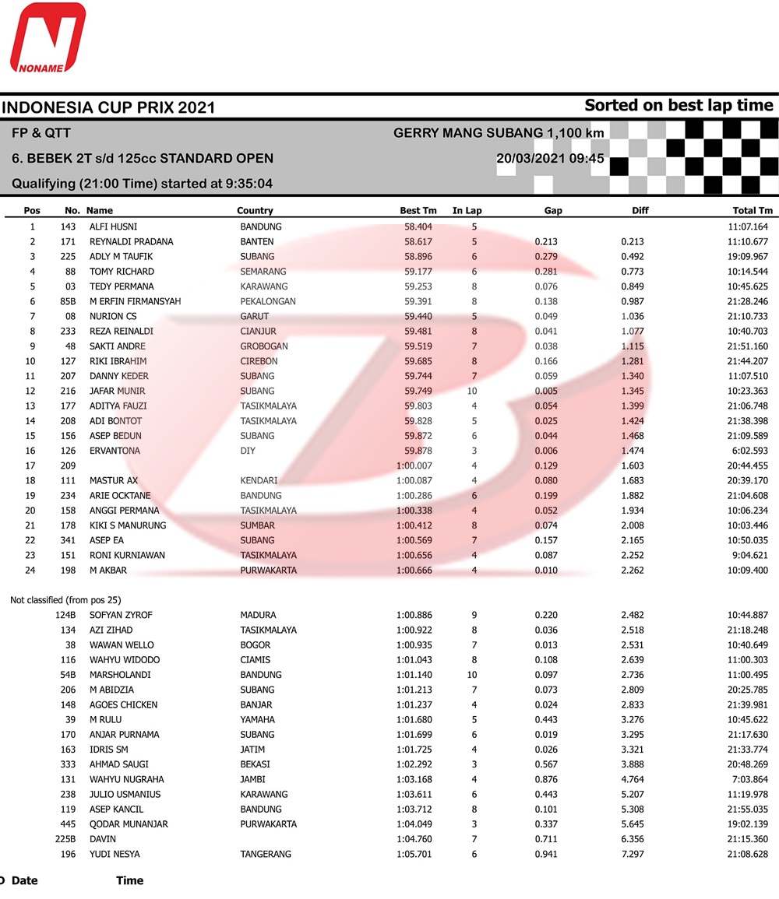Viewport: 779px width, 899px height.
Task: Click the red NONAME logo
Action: click(x=47, y=39)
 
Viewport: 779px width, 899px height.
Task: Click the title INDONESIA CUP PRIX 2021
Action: click(x=108, y=107)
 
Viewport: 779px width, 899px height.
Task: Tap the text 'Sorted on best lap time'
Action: click(x=679, y=105)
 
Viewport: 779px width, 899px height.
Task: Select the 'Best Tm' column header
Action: click(x=418, y=210)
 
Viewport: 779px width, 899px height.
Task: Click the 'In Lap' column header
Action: click(x=467, y=210)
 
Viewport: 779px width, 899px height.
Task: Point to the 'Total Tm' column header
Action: click(x=753, y=210)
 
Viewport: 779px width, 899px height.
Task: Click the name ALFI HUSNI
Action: click(x=114, y=227)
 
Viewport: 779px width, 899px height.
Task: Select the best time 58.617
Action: click(x=418, y=241)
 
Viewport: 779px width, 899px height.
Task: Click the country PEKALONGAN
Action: click(x=268, y=301)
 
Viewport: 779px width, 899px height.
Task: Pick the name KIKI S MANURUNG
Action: click(x=128, y=525)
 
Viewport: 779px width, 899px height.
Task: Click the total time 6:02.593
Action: click(x=749, y=451)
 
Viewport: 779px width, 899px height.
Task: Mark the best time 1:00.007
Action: click(x=416, y=465)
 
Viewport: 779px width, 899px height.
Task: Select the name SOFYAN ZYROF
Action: click(x=121, y=615)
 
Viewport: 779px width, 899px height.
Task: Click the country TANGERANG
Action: click(x=266, y=854)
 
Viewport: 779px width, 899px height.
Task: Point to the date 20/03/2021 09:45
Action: click(x=551, y=158)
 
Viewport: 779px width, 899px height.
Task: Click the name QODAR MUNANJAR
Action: click(x=129, y=824)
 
